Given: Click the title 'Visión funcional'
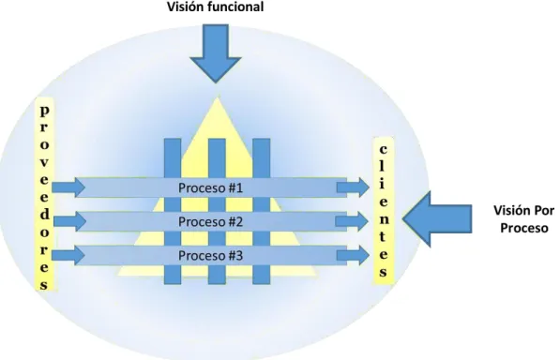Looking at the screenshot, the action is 216,7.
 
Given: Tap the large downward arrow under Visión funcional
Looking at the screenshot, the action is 216,53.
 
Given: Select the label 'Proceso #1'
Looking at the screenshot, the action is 210,188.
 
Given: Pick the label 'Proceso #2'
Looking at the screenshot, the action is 210,222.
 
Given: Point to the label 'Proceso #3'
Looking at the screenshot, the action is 210,256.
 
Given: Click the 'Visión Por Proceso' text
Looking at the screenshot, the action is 524,219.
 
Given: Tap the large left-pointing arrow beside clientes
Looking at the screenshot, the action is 437,219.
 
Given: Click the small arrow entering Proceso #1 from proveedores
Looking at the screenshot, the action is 68,187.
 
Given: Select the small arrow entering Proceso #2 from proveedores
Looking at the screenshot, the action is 69,221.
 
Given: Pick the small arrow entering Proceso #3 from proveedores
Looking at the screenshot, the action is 68,255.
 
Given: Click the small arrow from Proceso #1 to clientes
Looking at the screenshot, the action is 353,187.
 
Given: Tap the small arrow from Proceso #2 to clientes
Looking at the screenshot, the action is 352,221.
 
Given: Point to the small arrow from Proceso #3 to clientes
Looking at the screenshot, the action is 353,255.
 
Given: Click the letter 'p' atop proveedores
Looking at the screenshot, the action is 44,112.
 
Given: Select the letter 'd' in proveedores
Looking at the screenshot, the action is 44,214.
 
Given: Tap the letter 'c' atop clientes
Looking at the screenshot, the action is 384,149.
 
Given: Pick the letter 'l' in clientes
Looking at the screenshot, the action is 383,166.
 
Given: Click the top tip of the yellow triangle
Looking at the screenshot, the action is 217,98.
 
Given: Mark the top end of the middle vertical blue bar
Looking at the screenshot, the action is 217,139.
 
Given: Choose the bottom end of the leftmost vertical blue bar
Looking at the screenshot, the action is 173,284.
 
